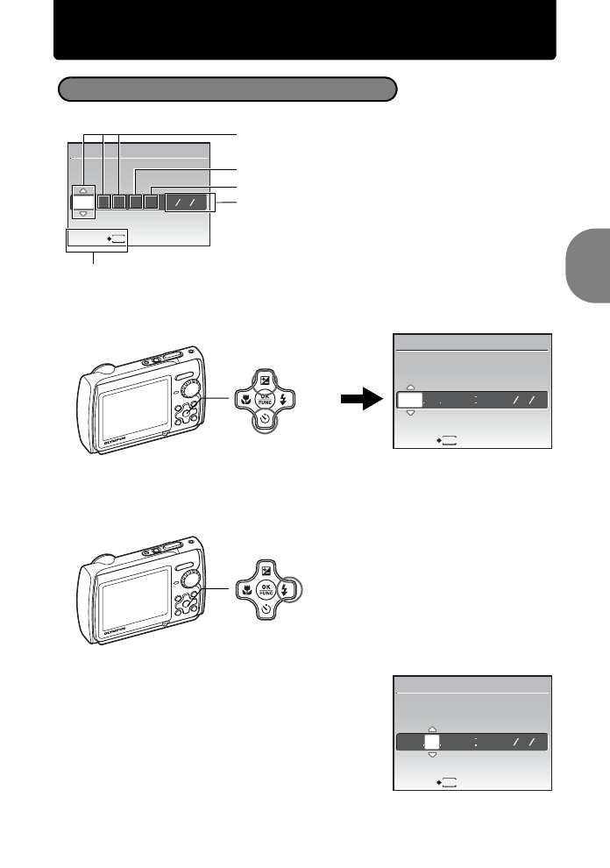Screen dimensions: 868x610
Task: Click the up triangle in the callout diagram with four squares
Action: tap(83, 189)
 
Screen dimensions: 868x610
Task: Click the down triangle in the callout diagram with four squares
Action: tap(83, 213)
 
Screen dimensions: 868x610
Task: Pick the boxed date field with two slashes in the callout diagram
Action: tap(189, 202)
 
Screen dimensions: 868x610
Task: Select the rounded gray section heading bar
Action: tap(227, 89)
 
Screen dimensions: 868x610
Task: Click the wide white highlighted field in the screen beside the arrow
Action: tap(409, 401)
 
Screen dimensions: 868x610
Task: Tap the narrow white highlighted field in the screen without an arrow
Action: tap(431, 741)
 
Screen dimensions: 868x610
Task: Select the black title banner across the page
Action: tap(304, 29)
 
